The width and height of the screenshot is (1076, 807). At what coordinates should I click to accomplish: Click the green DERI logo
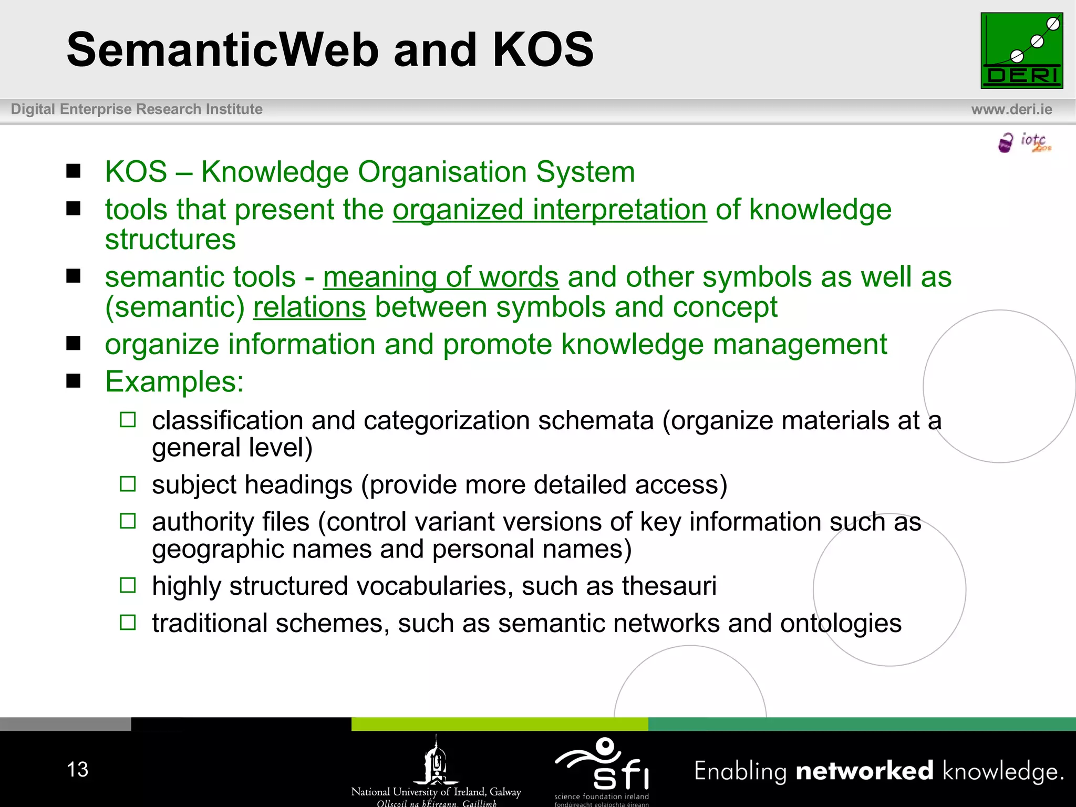pyautogui.click(x=1021, y=50)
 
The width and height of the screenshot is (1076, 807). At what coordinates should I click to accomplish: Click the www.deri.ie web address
pyautogui.click(x=1011, y=109)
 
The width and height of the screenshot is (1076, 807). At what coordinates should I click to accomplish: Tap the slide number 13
pyautogui.click(x=77, y=770)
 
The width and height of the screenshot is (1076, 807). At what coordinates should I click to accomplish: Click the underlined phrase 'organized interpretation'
pyautogui.click(x=550, y=210)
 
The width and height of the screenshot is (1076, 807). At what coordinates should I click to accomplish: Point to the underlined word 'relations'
pyautogui.click(x=309, y=307)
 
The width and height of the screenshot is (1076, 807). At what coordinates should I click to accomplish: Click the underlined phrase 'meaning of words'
pyautogui.click(x=440, y=277)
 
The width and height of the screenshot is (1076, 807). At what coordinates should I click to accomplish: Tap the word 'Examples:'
pyautogui.click(x=174, y=382)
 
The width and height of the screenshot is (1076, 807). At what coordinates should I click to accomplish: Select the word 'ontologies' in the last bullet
pyautogui.click(x=841, y=624)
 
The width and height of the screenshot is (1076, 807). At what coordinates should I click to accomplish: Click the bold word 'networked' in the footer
pyautogui.click(x=864, y=771)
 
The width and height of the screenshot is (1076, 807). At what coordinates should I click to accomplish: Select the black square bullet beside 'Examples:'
pyautogui.click(x=74, y=381)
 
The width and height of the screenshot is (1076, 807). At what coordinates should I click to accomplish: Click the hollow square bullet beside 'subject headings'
pyautogui.click(x=128, y=484)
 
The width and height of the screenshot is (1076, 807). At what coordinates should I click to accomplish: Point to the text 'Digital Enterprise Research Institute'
pyautogui.click(x=137, y=109)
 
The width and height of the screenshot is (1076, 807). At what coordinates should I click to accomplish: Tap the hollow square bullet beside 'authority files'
pyautogui.click(x=128, y=521)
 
